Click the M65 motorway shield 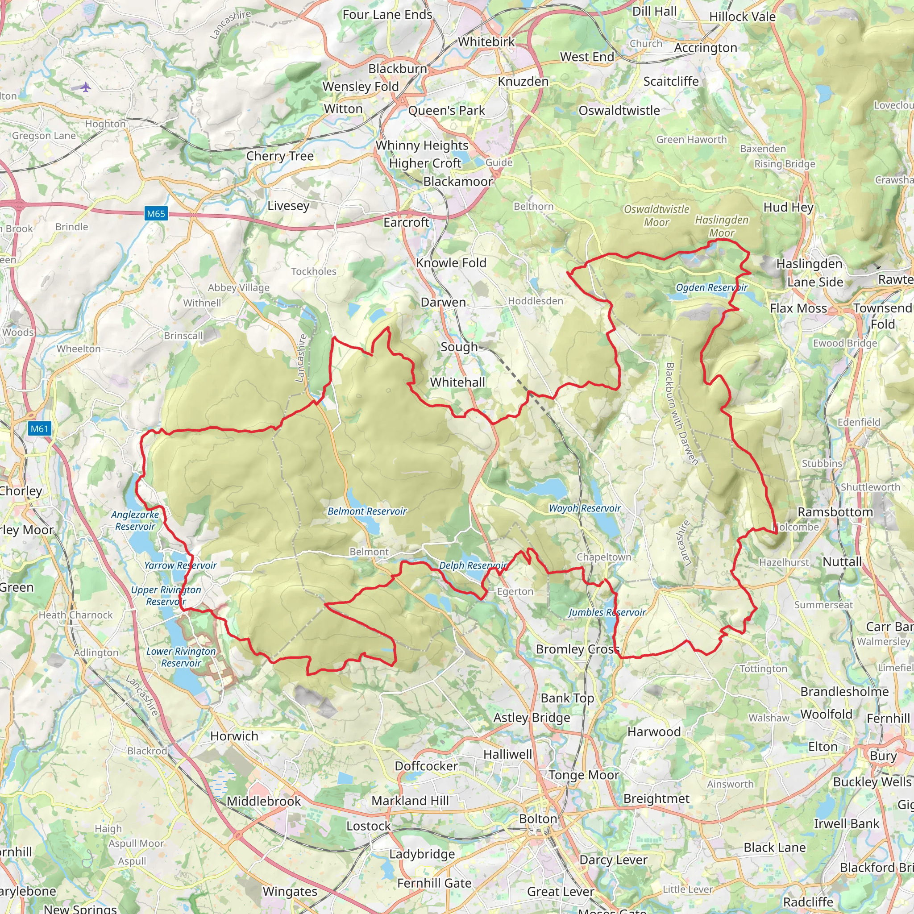coord(156,214)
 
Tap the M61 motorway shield coord(39,429)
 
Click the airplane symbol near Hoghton coord(85,87)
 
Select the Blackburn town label coord(397,69)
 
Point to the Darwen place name coord(443,302)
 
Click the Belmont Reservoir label coord(367,511)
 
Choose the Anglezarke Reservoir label coord(135,520)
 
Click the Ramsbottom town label coord(835,512)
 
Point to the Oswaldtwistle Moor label coord(656,216)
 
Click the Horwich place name coord(234,736)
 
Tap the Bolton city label coord(538,819)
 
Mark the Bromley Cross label coord(577,649)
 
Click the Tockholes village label coord(314,271)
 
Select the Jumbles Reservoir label coord(607,613)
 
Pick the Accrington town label coord(706,48)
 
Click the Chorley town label coord(21,491)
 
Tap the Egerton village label coord(515,592)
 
